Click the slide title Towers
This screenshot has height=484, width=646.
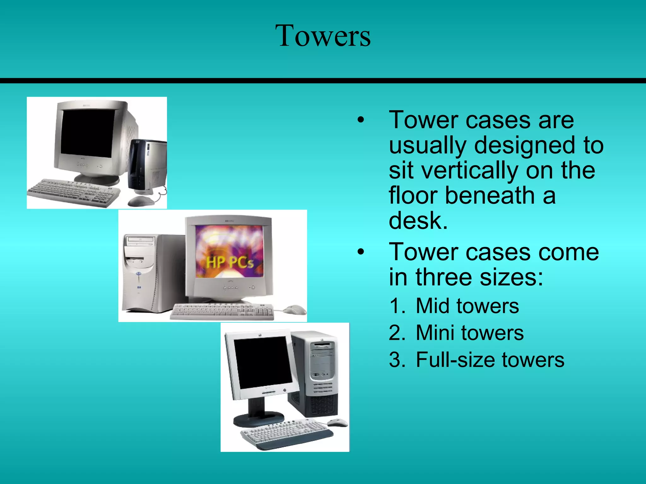pos(323,36)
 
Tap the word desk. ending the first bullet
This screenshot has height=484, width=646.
pos(418,221)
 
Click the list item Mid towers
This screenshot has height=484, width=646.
pos(467,306)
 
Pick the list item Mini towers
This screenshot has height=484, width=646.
pos(469,333)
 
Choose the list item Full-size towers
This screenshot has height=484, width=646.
pos(490,360)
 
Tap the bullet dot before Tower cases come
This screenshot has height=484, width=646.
pos(361,252)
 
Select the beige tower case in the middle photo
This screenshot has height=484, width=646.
pos(148,273)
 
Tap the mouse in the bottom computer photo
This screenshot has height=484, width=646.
pos(337,422)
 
